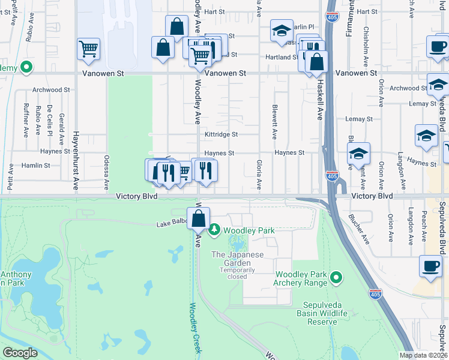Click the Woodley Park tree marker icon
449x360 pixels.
tap(214, 229)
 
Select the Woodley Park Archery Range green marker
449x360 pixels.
tap(337, 277)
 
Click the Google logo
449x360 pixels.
tap(19, 353)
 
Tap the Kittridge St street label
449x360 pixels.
tap(221, 134)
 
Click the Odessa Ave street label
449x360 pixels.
tap(106, 171)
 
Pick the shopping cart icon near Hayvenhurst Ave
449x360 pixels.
tap(88, 50)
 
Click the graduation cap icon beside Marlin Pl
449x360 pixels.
tap(280, 32)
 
